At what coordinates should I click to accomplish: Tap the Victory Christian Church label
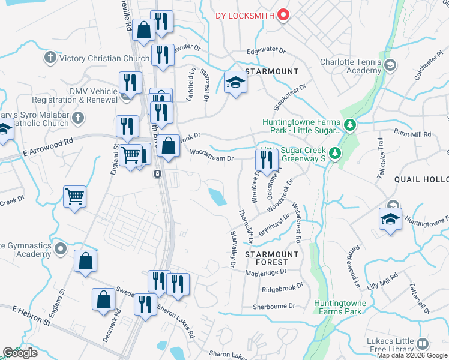click(105, 58)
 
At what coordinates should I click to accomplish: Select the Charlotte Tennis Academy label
click(351, 66)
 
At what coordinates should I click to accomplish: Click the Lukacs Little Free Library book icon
click(423, 344)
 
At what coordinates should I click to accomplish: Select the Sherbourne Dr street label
click(275, 306)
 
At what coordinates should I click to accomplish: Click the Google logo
click(20, 353)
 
